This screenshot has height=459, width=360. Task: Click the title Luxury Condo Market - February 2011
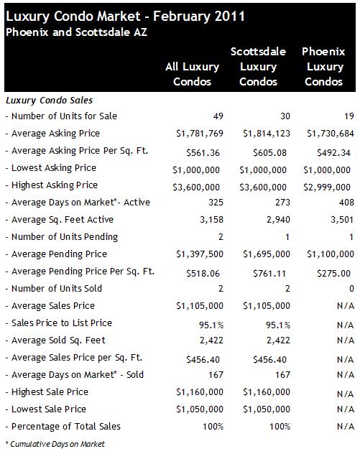(x=125, y=17)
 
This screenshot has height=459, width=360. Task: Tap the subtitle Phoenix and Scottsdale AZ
(x=76, y=32)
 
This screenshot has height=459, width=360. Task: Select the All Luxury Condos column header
(x=192, y=74)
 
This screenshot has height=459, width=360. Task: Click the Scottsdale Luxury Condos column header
(x=258, y=67)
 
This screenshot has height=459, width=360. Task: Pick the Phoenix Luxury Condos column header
(x=323, y=67)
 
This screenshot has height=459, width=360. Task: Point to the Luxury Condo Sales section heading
(x=49, y=101)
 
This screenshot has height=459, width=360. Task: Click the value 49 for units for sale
(x=218, y=116)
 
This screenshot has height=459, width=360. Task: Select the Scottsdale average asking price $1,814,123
(x=267, y=134)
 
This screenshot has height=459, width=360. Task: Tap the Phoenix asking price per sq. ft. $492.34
(x=333, y=152)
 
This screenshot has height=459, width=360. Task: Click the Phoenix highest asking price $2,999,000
(x=327, y=187)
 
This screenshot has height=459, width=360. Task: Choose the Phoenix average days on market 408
(x=346, y=203)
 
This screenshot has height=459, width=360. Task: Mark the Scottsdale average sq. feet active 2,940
(x=278, y=220)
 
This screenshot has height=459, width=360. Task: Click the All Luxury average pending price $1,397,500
(x=200, y=254)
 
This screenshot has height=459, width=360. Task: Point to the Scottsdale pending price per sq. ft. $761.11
(x=269, y=273)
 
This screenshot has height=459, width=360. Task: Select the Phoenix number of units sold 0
(x=351, y=289)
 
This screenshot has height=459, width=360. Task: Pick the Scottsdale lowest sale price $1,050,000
(x=267, y=409)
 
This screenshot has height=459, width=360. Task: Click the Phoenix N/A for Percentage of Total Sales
(x=346, y=427)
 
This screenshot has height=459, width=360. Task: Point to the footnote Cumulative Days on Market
(x=55, y=444)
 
